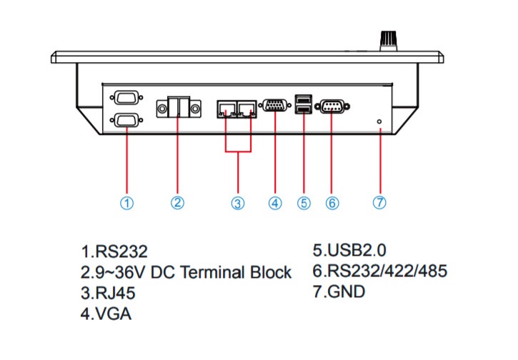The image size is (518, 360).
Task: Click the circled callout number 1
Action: click(x=126, y=203)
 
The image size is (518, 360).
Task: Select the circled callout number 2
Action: click(x=178, y=203)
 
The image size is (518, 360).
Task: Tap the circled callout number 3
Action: click(x=238, y=203)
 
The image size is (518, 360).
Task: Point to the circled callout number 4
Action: click(x=275, y=203)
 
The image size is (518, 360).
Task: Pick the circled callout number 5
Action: click(x=304, y=203)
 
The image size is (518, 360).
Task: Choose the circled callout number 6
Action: click(x=332, y=203)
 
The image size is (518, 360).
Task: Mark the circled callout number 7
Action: click(x=379, y=203)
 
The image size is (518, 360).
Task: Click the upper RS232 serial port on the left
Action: click(x=126, y=97)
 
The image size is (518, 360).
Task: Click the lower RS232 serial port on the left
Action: click(x=126, y=120)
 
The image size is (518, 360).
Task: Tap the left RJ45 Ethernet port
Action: click(x=226, y=109)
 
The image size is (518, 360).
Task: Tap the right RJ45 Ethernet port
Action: click(x=247, y=109)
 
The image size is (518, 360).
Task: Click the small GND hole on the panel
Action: click(x=379, y=122)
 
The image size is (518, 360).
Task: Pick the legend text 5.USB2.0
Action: click(x=349, y=251)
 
